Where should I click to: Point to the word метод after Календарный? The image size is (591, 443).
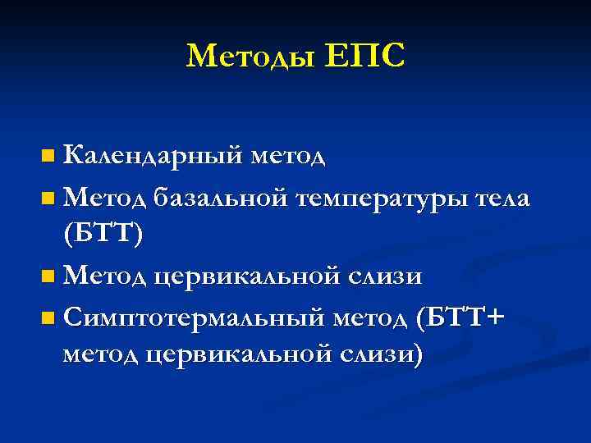288,155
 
